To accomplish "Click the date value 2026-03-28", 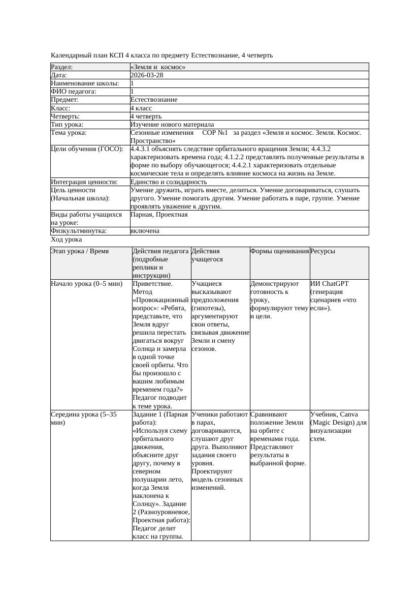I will point(147,75).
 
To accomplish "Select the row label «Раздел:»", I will point(62,67).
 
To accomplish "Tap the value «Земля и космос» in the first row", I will point(158,67).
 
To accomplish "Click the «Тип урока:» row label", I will point(67,125).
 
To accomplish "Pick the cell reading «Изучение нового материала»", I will point(172,125).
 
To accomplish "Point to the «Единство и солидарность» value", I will point(169,182).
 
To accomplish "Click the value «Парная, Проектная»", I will point(159,215).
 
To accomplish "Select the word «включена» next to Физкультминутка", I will point(145,231).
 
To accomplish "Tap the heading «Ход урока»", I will point(67,240).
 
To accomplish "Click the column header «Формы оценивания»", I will point(279,251).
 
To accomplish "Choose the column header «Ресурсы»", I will point(322,251).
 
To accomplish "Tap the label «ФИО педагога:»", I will point(74,92).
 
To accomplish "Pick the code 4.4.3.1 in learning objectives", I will point(141,149).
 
